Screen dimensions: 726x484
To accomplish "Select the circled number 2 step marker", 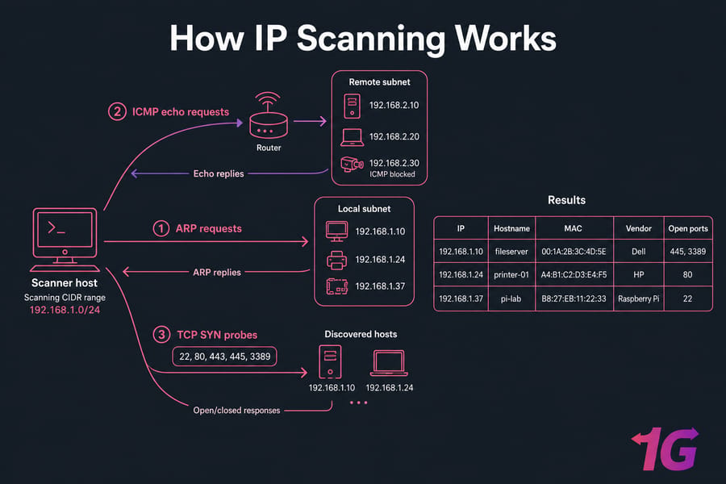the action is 117,111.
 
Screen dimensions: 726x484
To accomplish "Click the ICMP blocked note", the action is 392,174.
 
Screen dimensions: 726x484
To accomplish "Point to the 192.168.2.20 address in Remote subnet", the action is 394,136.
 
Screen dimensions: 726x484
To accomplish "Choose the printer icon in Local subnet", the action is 336,260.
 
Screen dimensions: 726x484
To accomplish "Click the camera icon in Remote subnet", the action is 352,164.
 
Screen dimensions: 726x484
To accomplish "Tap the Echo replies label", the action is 219,173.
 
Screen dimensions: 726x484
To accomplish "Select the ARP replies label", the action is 217,273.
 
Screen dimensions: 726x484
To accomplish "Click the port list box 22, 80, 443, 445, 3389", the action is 224,357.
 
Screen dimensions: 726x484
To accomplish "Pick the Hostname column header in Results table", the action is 511,228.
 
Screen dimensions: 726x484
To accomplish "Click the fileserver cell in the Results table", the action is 511,252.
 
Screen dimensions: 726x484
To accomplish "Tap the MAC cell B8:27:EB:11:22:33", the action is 574,298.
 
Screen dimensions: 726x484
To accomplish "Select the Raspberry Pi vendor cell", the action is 639,298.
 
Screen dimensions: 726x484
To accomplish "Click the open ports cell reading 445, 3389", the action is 687,252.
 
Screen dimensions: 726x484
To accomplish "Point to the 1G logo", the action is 665,449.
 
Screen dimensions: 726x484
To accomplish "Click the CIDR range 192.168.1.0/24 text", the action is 65,310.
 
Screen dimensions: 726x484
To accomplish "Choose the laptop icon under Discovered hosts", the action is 389,363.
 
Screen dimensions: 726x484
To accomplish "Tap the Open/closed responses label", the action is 236,411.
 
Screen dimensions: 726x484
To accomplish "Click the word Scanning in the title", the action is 370,39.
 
